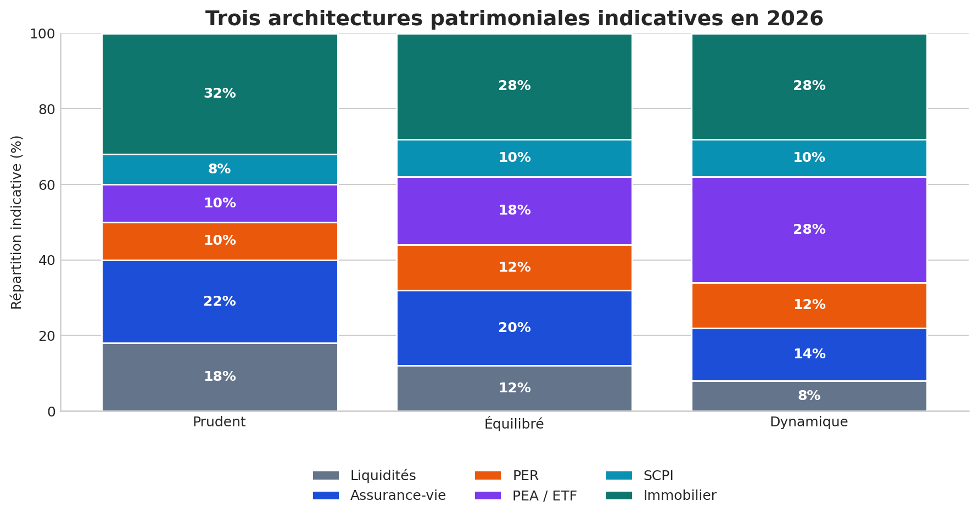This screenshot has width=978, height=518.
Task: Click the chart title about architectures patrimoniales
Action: (x=514, y=19)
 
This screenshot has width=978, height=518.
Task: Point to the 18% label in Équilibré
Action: (x=514, y=210)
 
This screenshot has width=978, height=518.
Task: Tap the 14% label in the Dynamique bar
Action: (x=809, y=354)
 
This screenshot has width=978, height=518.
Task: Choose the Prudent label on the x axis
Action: (x=219, y=422)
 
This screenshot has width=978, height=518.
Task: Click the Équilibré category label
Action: (x=514, y=424)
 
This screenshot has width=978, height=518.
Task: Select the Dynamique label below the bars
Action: (x=809, y=422)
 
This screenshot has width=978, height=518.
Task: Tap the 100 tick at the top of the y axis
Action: (x=42, y=34)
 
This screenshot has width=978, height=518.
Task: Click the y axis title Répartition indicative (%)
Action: (x=17, y=222)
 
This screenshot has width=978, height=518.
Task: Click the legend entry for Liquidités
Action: (x=383, y=476)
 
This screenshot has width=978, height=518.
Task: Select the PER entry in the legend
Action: (x=525, y=476)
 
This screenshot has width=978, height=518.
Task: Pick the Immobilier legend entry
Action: (x=679, y=496)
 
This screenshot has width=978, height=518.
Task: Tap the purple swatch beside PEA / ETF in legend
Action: (x=488, y=496)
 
